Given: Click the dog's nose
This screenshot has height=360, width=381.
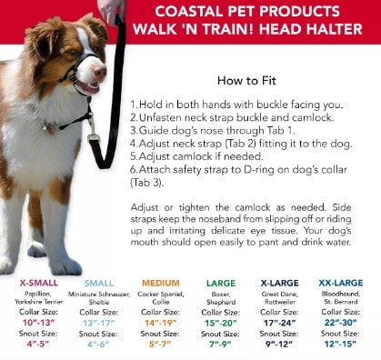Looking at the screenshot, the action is click(x=100, y=72).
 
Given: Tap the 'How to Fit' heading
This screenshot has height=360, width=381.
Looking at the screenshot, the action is click(x=246, y=81).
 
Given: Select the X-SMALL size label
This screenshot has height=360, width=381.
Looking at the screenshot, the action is click(x=39, y=283).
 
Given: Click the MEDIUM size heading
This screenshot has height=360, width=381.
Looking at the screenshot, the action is click(x=161, y=283).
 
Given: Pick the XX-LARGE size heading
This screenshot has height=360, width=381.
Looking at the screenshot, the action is click(x=341, y=283).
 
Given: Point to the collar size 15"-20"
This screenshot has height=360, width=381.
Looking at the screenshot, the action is click(x=221, y=323).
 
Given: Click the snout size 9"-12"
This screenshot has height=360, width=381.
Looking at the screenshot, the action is click(x=279, y=345).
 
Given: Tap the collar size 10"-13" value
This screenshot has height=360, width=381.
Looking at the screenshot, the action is click(x=39, y=323).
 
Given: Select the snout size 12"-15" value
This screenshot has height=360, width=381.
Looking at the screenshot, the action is click(x=340, y=344).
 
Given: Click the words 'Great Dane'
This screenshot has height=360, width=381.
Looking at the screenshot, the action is click(x=280, y=294).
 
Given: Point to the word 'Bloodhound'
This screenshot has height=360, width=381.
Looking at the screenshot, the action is click(x=341, y=294).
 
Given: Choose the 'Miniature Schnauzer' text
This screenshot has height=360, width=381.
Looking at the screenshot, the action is click(x=99, y=294).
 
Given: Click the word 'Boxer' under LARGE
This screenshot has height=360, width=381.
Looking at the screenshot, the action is click(x=221, y=294).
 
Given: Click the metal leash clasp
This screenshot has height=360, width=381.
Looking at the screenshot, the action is click(x=92, y=127).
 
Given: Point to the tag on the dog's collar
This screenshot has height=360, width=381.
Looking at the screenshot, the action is click(x=50, y=127).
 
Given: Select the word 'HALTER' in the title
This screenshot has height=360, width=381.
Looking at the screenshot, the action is click(x=332, y=29).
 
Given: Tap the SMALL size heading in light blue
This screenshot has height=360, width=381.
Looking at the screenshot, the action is click(x=99, y=284).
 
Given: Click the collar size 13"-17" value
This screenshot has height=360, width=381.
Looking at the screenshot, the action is click(x=99, y=323).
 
